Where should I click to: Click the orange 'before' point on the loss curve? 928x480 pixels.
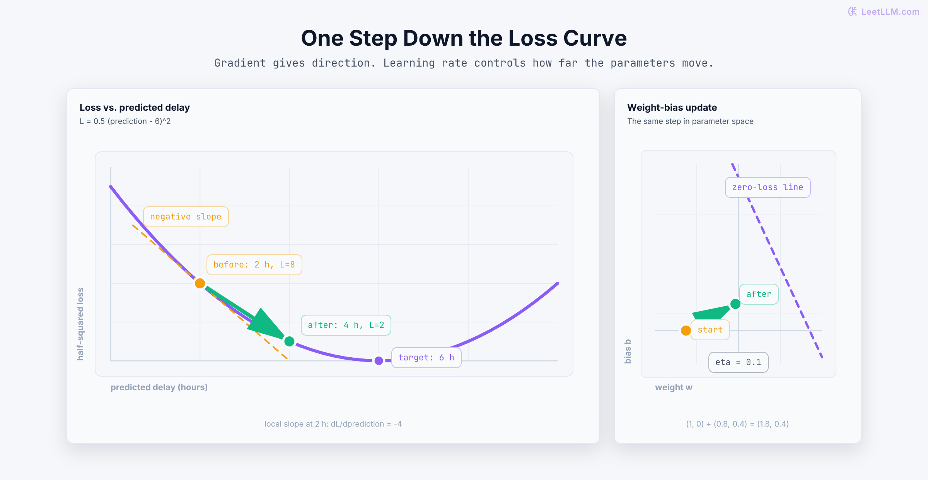[x=200, y=283]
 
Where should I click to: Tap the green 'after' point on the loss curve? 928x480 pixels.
[x=289, y=341]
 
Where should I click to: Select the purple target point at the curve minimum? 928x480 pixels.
[x=379, y=361]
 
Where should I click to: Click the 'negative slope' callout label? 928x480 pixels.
[x=186, y=217]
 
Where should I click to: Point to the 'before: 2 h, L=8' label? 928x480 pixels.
[x=254, y=265]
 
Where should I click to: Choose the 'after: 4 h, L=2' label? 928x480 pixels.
[x=346, y=325]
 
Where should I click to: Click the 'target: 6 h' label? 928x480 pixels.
[x=426, y=358]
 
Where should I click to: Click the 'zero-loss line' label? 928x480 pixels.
[x=768, y=187]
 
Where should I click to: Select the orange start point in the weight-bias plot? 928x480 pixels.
[x=686, y=331]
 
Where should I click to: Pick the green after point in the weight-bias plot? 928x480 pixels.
[x=735, y=304]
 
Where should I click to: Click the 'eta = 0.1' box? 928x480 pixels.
[x=739, y=362]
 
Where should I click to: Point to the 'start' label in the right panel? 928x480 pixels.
[x=710, y=330]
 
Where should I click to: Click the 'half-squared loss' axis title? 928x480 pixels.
[x=80, y=324]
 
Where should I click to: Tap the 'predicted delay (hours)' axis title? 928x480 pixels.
[x=159, y=387]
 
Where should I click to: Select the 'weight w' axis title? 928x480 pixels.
[x=674, y=387]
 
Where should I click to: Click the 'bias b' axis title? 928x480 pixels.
[x=628, y=351]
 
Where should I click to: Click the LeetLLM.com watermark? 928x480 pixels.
[x=884, y=12]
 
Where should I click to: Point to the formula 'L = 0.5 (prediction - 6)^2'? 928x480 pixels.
[x=125, y=121]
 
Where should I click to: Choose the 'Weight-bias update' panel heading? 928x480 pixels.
[x=672, y=108]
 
